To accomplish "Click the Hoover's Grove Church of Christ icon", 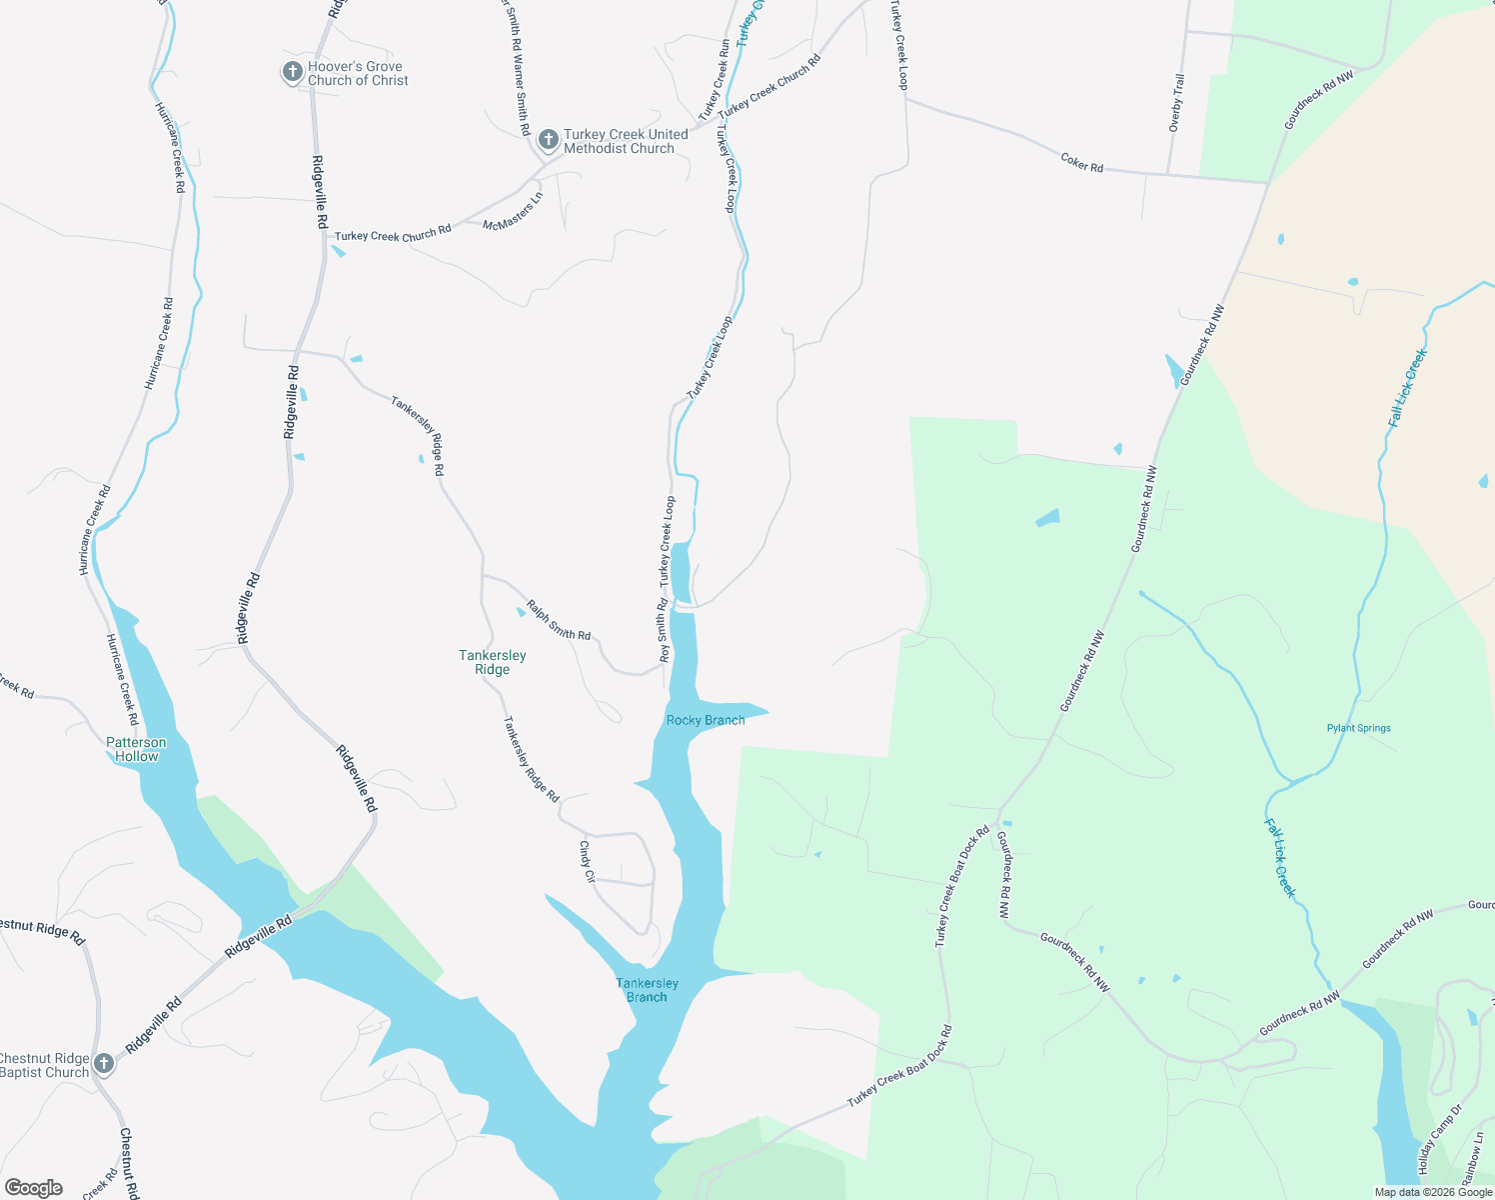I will click(x=293, y=72).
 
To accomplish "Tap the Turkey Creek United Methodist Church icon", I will click(x=549, y=140).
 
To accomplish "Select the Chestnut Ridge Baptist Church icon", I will click(x=104, y=1065).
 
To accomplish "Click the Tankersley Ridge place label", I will click(x=493, y=662).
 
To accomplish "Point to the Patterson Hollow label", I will click(x=137, y=749).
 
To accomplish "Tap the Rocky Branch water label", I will click(x=706, y=720).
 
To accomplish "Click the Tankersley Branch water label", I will click(x=648, y=990).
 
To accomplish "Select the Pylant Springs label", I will click(x=1359, y=728).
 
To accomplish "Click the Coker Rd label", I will click(x=1082, y=162).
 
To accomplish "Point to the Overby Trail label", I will click(x=1177, y=102).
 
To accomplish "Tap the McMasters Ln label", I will click(x=513, y=212).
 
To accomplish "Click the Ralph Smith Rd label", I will click(x=559, y=620).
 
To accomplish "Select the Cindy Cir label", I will click(x=587, y=861).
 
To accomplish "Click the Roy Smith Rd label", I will click(x=663, y=631).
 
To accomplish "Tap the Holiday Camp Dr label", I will click(x=1439, y=1140).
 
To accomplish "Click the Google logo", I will click(x=33, y=1188).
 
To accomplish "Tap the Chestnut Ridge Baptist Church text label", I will click(x=45, y=1065).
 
